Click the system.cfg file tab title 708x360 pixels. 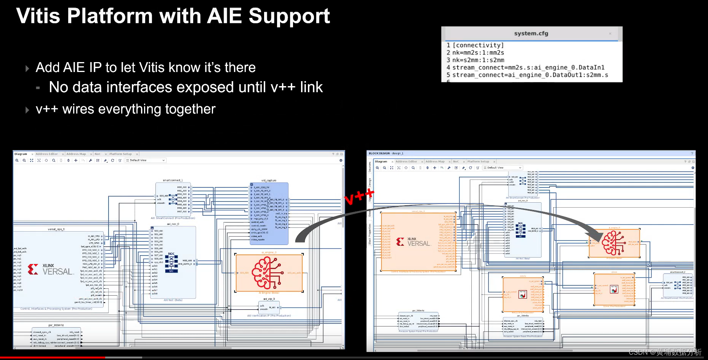point(531,34)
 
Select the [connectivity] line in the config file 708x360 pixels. point(478,45)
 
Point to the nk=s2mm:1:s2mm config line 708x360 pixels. point(478,60)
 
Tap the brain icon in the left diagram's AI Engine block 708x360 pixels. point(268,273)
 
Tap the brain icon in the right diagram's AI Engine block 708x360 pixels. point(613,243)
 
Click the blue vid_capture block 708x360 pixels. point(269,213)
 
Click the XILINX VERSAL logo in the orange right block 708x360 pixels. point(413,242)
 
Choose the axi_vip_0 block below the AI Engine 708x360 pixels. point(269,307)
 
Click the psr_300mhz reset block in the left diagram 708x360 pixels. point(56,337)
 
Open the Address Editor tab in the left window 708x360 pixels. point(47,154)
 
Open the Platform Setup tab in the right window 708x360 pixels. point(478,162)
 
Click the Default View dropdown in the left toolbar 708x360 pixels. point(146,160)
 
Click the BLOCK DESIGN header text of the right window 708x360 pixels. point(379,153)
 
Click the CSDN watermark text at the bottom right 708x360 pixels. point(665,352)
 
